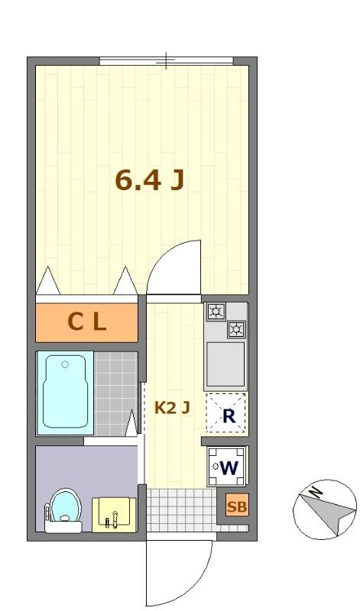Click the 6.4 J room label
point(150,180)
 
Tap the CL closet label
point(86,322)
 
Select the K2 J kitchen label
point(172,408)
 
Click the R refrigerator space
point(226,413)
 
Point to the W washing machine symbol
point(227,467)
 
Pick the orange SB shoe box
point(237,506)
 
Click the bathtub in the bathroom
point(64,393)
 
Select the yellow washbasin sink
point(114,515)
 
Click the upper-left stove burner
point(216,312)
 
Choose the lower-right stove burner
point(236,330)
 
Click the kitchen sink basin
point(225,364)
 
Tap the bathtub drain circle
point(65,364)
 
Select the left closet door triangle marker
point(48,280)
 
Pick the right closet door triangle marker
point(125,280)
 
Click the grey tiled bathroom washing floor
point(116,393)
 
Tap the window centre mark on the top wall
point(167,61)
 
